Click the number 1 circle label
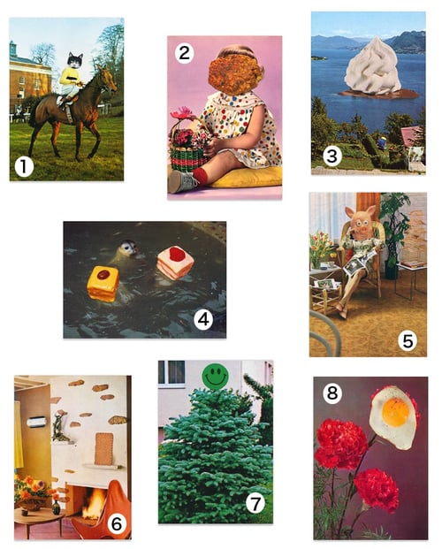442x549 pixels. [24, 164]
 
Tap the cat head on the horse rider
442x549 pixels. [74, 62]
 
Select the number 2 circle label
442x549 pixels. [184, 53]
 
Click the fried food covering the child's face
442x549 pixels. [234, 73]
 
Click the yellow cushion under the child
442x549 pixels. [247, 176]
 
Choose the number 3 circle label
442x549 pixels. [332, 156]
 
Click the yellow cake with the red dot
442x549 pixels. [103, 282]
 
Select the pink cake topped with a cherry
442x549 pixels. [175, 263]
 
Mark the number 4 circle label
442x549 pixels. [203, 319]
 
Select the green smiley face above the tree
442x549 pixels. [214, 377]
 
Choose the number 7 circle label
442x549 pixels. [255, 504]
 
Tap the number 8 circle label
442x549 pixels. [331, 393]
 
